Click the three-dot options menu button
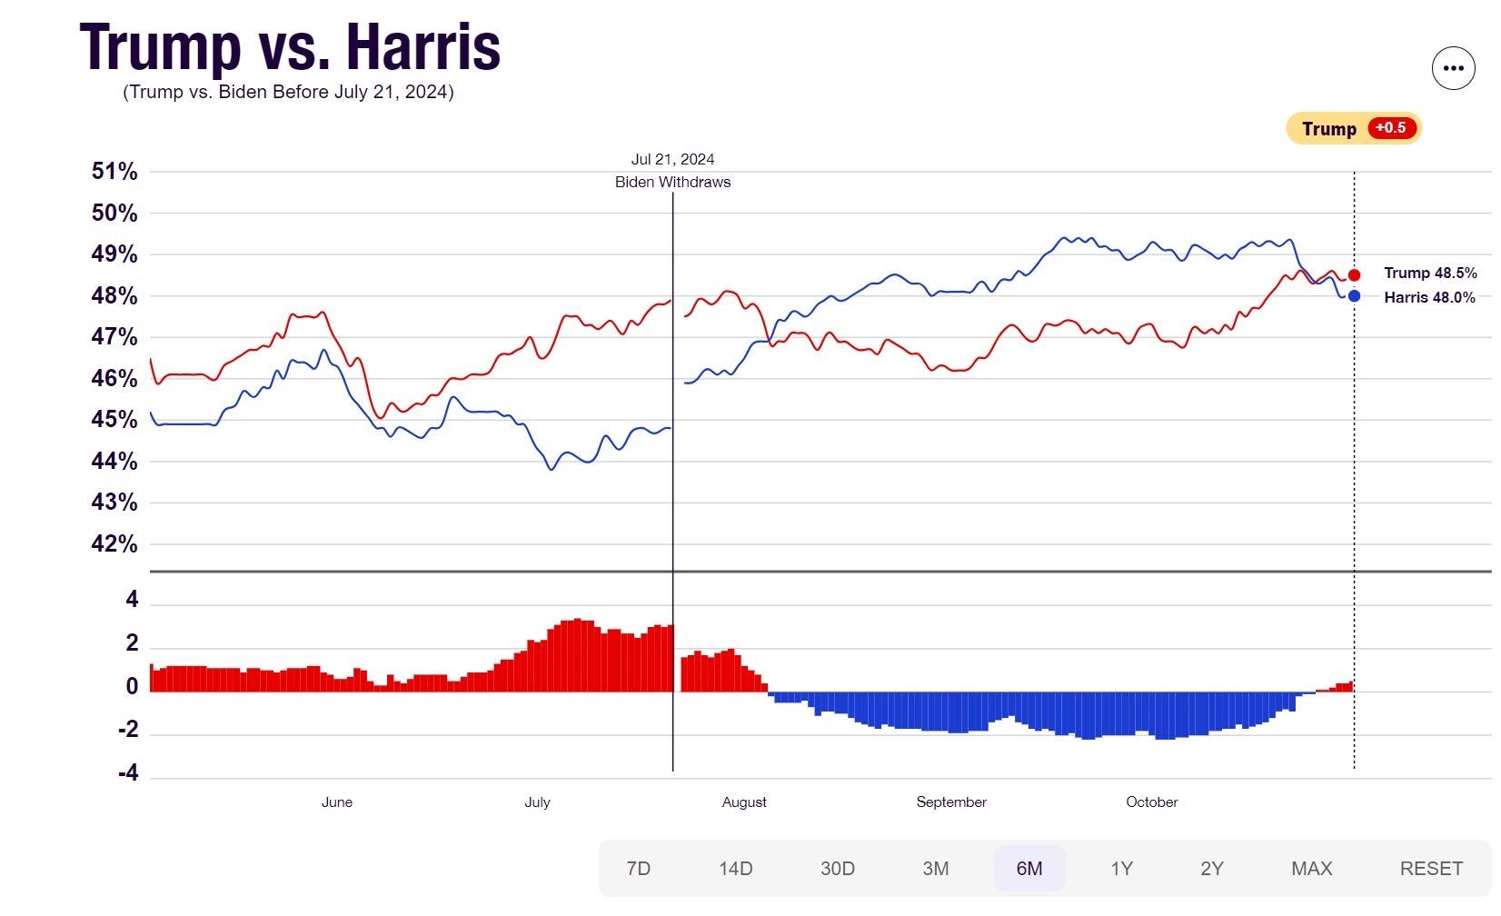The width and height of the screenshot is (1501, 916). (1453, 68)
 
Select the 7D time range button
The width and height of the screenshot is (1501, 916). (639, 869)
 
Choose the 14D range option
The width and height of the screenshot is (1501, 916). (735, 869)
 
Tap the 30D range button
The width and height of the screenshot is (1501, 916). (837, 869)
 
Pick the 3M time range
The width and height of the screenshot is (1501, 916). (935, 869)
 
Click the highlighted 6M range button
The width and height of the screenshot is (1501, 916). (1029, 869)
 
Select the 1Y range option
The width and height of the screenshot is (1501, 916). (1121, 869)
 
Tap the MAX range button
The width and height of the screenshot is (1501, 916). (1311, 869)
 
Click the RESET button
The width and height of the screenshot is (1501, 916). (1431, 869)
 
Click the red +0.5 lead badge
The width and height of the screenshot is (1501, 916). (1390, 128)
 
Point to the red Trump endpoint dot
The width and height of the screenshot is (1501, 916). (1354, 274)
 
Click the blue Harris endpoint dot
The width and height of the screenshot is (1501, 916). (1354, 295)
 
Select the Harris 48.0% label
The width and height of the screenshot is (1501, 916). (1429, 297)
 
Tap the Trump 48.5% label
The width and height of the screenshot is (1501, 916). (1430, 273)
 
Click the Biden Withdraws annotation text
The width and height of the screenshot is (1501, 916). (672, 182)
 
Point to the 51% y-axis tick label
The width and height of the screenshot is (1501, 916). (114, 171)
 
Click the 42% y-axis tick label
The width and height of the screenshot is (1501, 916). (114, 543)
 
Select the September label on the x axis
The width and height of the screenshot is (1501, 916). (951, 801)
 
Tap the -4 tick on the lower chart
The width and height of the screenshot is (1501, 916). (128, 772)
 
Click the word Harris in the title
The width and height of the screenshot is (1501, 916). (423, 47)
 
